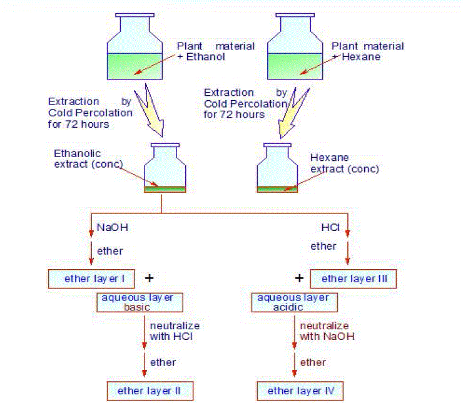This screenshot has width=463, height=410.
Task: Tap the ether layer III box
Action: click(x=353, y=279)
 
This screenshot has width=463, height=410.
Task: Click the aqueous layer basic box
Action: click(x=140, y=302)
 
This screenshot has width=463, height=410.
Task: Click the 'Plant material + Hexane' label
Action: click(x=367, y=51)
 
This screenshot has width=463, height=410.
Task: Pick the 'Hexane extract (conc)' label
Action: click(x=344, y=164)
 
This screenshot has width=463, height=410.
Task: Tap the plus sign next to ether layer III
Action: click(x=299, y=277)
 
